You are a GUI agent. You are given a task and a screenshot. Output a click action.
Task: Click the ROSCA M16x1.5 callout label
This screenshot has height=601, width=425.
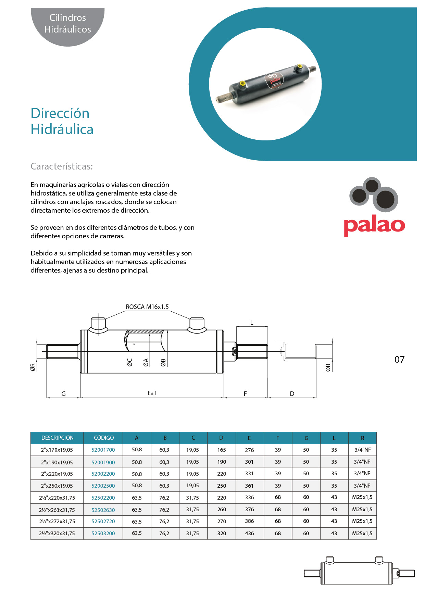coord(147,307)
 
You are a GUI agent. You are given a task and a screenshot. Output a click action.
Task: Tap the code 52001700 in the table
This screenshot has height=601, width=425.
coord(103,450)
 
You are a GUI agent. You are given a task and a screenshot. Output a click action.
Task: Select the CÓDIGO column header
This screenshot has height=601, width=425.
coord(103,438)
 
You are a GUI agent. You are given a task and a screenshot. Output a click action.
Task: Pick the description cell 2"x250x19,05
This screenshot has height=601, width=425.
coord(57,486)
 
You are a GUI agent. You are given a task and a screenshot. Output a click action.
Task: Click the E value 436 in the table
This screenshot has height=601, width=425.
coord(249,533)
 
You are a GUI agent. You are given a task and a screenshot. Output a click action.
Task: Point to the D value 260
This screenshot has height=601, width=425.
coord(222,510)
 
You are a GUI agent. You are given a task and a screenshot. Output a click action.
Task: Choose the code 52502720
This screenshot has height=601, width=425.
coord(103,522)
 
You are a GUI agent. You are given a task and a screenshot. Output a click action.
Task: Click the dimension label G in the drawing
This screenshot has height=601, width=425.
coord(63,394)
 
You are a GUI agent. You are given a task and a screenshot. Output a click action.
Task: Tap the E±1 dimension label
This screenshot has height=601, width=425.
coord(152,393)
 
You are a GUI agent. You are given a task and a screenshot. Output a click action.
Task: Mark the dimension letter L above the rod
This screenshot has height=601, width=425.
coord(252,323)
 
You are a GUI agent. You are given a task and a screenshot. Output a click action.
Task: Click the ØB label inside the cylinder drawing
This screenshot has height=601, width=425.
coord(163,362)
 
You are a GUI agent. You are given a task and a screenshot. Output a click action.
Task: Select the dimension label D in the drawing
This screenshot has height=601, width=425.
coord(292,394)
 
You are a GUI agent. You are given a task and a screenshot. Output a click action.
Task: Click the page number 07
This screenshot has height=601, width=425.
coord(399,360)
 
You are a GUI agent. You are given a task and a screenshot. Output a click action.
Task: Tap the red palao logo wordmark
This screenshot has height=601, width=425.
coord(374,225)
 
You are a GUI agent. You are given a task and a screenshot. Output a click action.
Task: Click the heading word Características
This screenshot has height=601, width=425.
coord(62,166)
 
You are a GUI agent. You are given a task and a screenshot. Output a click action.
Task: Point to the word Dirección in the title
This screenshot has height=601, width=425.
coord(60,113)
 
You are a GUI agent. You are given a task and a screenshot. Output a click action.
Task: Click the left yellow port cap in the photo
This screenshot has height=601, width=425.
coord(242,83)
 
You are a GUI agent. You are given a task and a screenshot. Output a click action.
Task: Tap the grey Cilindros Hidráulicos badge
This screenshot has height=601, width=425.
coord(68,24)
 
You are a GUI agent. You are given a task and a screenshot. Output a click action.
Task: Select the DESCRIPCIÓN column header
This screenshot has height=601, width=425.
coord(57,438)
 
